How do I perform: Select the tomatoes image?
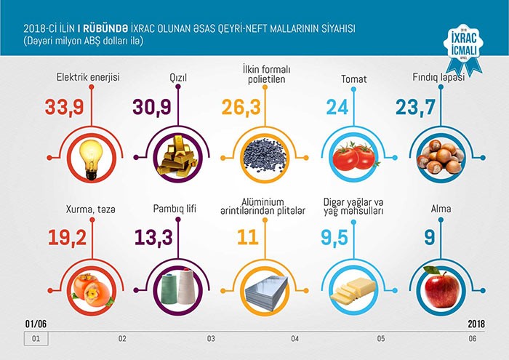353,156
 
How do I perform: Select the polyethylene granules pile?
265,156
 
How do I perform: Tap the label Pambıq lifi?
175,209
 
